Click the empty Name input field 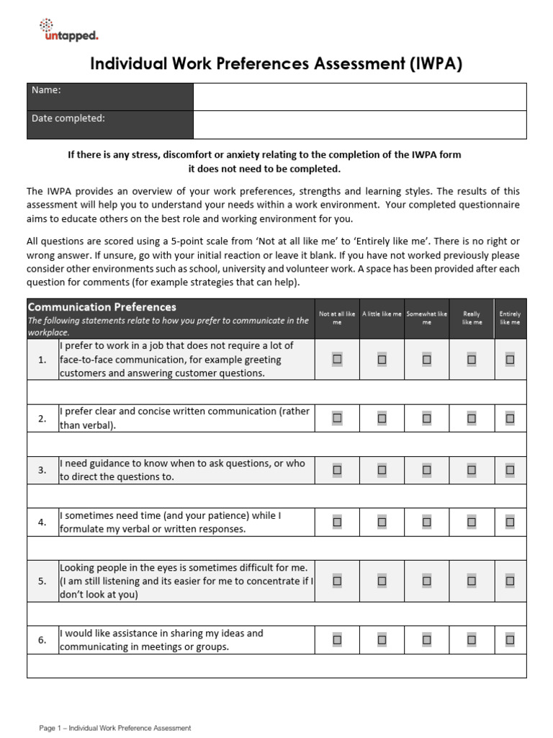click(x=359, y=97)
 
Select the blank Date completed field click(x=359, y=125)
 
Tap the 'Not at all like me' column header click(x=337, y=319)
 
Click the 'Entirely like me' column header click(x=510, y=319)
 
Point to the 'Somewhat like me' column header click(x=426, y=319)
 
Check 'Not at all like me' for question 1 click(x=337, y=359)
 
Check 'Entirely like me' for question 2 click(x=510, y=418)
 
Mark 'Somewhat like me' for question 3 click(x=426, y=470)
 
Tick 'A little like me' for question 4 click(x=382, y=522)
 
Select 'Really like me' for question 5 click(x=472, y=581)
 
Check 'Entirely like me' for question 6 click(x=510, y=639)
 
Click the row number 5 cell click(x=42, y=581)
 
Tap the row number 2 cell click(x=42, y=418)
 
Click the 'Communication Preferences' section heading click(x=102, y=307)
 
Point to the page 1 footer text click(x=115, y=728)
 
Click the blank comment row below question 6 click(x=276, y=666)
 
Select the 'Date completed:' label click(x=68, y=118)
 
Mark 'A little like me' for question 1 click(x=382, y=359)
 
